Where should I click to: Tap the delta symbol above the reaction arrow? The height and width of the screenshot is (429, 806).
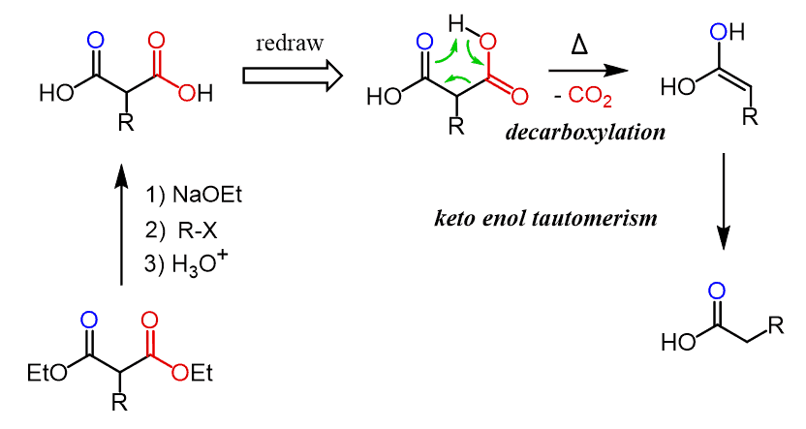pyautogui.click(x=584, y=46)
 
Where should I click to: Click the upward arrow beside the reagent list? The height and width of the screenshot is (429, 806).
pyautogui.click(x=122, y=224)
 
